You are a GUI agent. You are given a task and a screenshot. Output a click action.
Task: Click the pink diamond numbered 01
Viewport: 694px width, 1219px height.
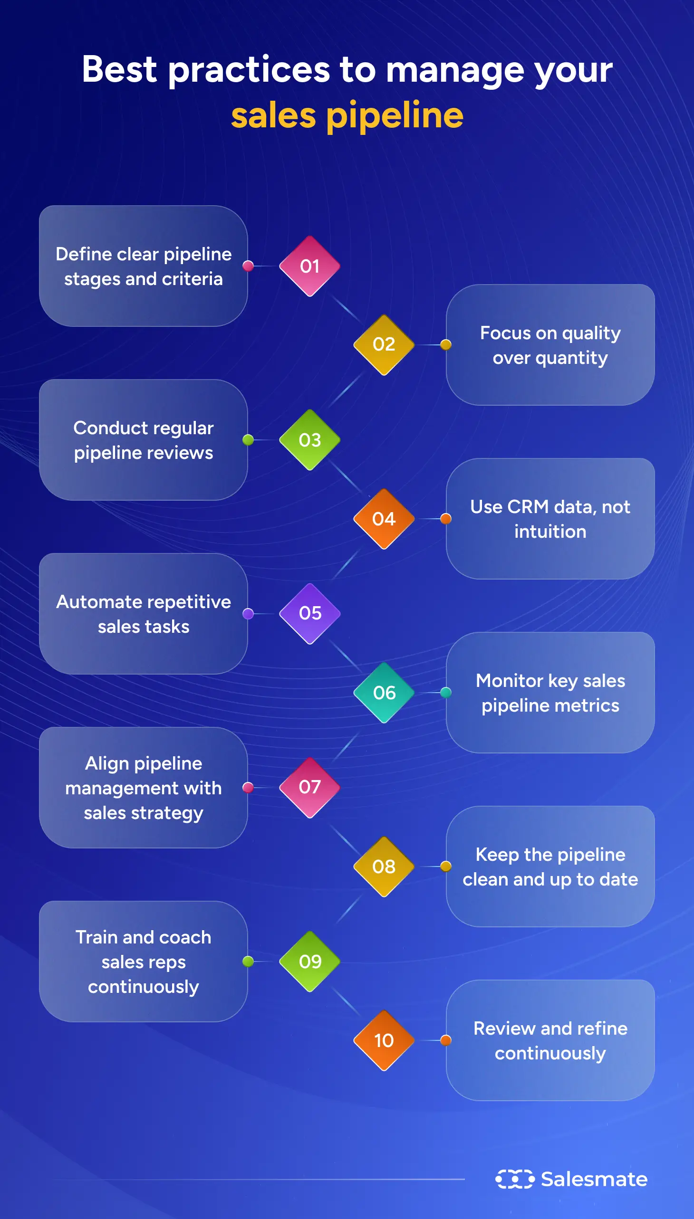tap(309, 266)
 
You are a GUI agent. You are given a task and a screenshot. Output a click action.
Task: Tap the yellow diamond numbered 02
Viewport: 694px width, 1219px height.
tap(384, 344)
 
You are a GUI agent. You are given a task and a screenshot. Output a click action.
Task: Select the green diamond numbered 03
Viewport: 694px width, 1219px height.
tap(309, 440)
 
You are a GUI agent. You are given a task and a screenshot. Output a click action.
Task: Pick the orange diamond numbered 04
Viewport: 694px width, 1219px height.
tap(384, 519)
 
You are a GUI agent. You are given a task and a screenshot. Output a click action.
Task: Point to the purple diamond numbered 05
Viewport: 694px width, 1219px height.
tap(309, 614)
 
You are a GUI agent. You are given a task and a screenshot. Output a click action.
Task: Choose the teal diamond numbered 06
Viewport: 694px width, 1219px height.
tap(384, 693)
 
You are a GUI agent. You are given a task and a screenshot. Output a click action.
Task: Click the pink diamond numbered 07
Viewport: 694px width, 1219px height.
tap(309, 788)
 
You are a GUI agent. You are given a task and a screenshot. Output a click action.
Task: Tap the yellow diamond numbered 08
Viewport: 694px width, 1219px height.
tap(384, 867)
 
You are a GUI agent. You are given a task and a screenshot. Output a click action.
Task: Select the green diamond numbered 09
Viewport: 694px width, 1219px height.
tap(309, 962)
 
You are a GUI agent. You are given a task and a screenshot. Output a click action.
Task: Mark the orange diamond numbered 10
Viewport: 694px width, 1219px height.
tap(384, 1040)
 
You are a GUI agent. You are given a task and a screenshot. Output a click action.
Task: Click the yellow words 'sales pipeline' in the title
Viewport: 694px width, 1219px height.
tap(347, 115)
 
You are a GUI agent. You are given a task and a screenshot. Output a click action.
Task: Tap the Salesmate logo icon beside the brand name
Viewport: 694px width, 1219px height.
tap(515, 1179)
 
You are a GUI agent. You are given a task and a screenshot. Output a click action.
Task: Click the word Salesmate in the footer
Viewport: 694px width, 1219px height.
tap(594, 1180)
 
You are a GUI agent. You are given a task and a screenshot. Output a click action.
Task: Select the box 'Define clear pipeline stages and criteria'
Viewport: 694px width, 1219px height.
tap(143, 266)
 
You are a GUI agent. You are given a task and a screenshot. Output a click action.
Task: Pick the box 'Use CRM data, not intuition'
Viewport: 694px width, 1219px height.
tap(550, 519)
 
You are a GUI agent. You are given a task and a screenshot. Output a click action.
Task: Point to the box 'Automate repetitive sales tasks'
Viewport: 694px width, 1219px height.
tap(143, 614)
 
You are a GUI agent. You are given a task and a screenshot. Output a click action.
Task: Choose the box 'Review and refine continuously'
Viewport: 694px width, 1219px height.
tap(550, 1040)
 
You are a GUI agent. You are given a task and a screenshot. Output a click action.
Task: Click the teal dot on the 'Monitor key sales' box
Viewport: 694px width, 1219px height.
tap(446, 693)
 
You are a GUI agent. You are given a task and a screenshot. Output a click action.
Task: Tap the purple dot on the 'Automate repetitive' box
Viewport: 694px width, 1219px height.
tap(248, 614)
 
